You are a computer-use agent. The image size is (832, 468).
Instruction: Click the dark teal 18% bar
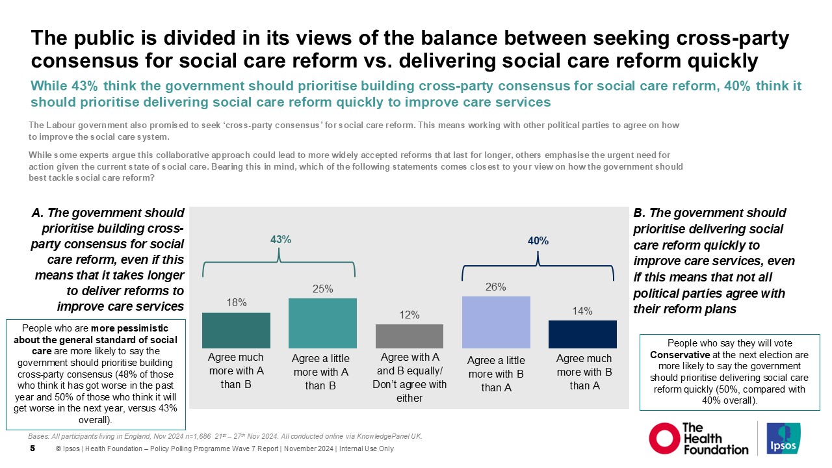[236, 330]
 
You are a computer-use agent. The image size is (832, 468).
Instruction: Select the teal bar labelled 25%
[322, 323]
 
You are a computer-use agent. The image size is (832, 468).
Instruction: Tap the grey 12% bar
[409, 336]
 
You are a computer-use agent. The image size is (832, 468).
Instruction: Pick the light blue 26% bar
[496, 322]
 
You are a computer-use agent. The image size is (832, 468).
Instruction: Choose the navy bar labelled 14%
[582, 334]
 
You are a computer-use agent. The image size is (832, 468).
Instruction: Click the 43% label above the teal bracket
[280, 240]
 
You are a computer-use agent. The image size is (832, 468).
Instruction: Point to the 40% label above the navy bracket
[538, 240]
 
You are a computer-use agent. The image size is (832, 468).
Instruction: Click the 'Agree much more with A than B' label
[236, 372]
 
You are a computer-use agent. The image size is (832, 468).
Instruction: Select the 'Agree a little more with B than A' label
[496, 374]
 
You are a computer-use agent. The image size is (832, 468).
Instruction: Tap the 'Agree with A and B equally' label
[409, 364]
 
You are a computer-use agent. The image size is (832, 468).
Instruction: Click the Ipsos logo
[784, 439]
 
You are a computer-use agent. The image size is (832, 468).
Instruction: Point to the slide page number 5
[32, 448]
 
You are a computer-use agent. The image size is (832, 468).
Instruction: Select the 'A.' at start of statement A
[37, 213]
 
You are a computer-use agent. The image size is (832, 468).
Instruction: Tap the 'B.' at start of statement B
[639, 213]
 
